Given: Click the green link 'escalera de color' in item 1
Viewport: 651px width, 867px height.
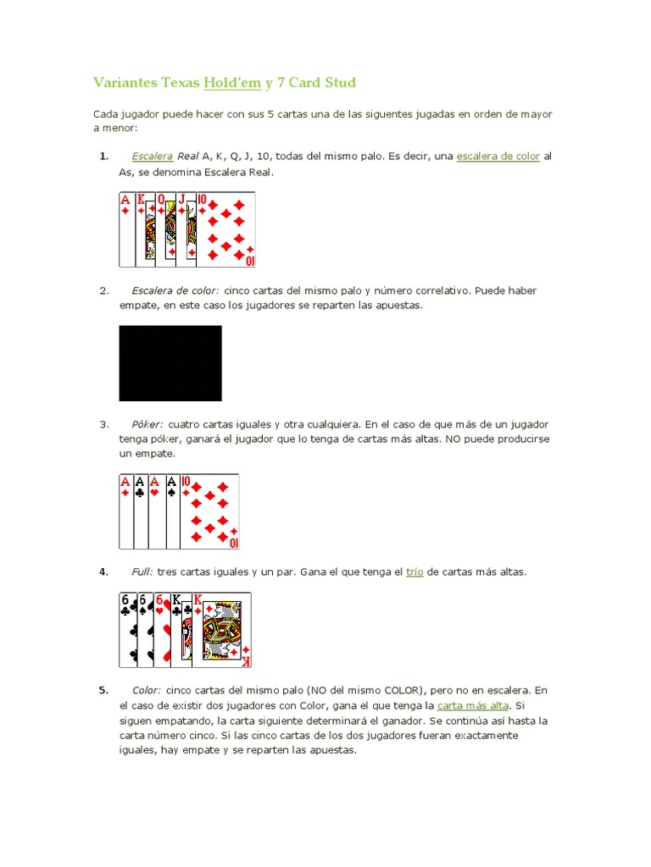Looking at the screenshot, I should pyautogui.click(x=498, y=157).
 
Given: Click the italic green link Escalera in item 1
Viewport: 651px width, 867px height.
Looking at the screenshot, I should pyautogui.click(x=153, y=157).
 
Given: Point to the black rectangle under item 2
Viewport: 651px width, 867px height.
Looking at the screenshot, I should pyautogui.click(x=170, y=363).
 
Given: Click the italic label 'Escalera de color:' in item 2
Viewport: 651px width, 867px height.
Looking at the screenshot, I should pyautogui.click(x=175, y=290).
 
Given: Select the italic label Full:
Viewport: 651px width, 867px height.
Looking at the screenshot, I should pyautogui.click(x=142, y=572).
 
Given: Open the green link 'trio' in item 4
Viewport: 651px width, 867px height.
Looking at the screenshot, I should pyautogui.click(x=415, y=572).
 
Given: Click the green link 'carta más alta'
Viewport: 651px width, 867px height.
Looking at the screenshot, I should pyautogui.click(x=473, y=705).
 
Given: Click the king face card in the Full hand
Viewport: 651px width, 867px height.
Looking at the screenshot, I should pyautogui.click(x=222, y=631).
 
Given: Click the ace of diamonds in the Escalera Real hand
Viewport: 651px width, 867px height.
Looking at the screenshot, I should pyautogui.click(x=126, y=229).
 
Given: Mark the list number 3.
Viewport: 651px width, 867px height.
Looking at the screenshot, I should pyautogui.click(x=104, y=423).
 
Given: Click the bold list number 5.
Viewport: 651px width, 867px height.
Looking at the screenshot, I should pyautogui.click(x=103, y=690).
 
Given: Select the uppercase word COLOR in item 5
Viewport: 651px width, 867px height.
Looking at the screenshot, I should pyautogui.click(x=392, y=690).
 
